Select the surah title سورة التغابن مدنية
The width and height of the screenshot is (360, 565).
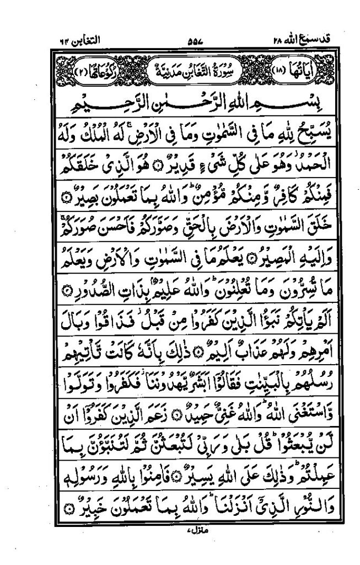(189, 68)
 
